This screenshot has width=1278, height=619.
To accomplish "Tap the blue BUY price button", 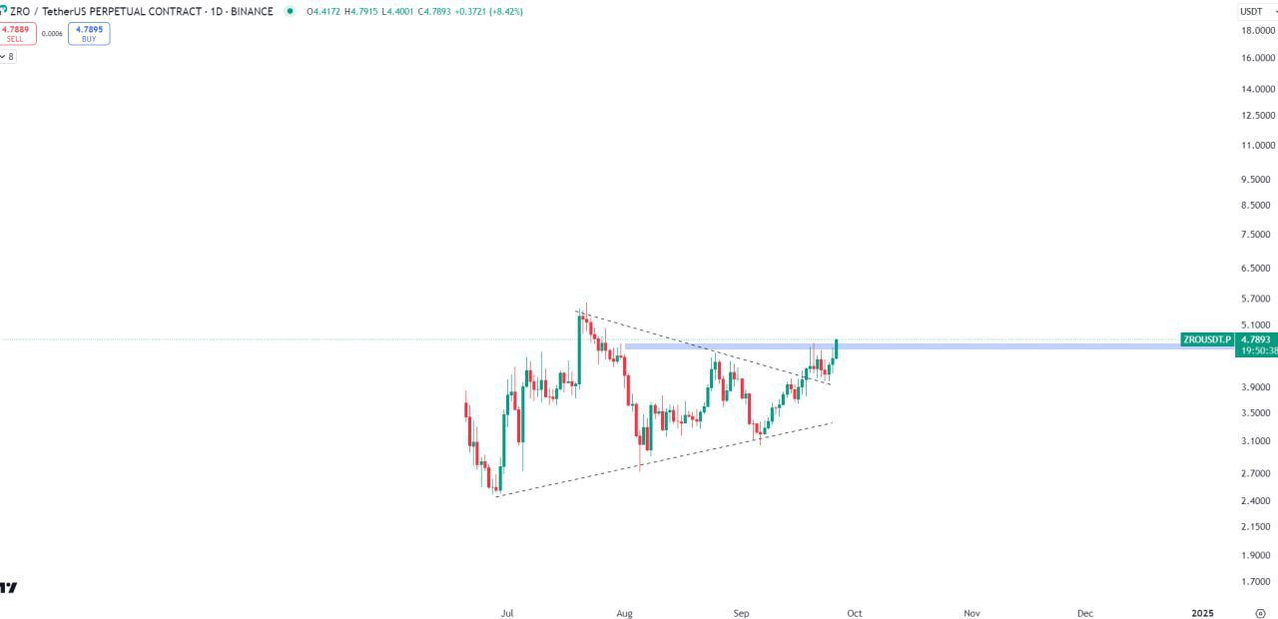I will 89,33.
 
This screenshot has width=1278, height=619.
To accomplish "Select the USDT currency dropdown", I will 1255,11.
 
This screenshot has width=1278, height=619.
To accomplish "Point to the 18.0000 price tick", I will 1257,30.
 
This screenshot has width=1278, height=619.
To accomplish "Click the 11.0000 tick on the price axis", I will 1257,145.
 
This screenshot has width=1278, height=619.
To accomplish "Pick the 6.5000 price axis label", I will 1257,268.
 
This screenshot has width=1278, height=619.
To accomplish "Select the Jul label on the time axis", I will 508,613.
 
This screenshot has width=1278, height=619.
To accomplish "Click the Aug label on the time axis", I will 625,613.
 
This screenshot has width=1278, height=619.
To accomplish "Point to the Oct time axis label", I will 855,613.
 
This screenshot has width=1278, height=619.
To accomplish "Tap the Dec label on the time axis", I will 1085,613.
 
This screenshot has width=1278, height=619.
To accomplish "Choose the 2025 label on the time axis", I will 1203,613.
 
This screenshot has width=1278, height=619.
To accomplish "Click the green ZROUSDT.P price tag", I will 1206,339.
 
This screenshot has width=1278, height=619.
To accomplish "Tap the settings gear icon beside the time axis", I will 1260,613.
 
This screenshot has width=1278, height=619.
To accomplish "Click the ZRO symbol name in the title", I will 20,11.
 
